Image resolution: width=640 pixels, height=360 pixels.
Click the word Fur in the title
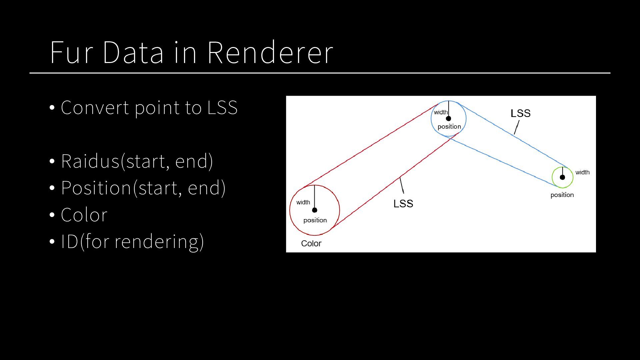(71, 52)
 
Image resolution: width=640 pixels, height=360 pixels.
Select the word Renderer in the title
(270, 52)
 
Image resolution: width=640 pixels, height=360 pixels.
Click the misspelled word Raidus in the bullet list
(90, 161)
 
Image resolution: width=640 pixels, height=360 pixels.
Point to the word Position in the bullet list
(96, 188)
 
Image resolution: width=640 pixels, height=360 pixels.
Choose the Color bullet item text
(84, 215)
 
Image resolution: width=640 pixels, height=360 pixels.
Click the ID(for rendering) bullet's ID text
(69, 242)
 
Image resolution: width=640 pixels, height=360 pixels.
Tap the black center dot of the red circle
(315, 210)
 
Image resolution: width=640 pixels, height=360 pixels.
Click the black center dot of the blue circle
(448, 119)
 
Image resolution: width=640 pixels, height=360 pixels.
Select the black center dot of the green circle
(562, 177)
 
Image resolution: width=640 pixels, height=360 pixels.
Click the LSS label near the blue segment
(520, 114)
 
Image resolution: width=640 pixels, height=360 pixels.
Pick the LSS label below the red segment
(403, 204)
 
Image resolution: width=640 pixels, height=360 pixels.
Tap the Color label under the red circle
(311, 244)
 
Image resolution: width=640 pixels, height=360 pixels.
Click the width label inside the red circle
(303, 202)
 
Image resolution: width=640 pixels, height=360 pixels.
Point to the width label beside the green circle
(582, 172)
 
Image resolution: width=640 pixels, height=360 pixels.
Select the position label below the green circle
(562, 195)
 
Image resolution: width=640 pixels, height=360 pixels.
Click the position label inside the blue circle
(449, 127)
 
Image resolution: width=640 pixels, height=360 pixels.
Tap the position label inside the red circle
(315, 220)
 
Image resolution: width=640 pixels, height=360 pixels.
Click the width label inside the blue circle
(440, 112)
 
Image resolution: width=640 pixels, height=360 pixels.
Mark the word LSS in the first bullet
(222, 108)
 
